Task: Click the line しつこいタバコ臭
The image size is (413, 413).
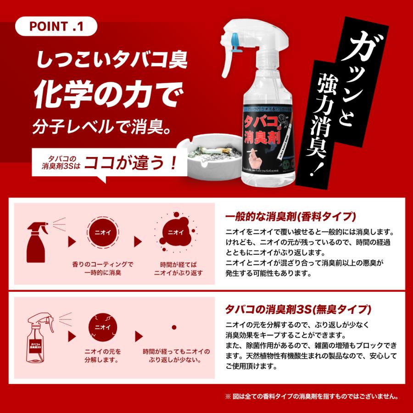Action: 112,60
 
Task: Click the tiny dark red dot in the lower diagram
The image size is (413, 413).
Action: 174,327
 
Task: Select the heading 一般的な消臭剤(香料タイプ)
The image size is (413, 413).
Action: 291,217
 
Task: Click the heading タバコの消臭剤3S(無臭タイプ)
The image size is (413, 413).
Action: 299,308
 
